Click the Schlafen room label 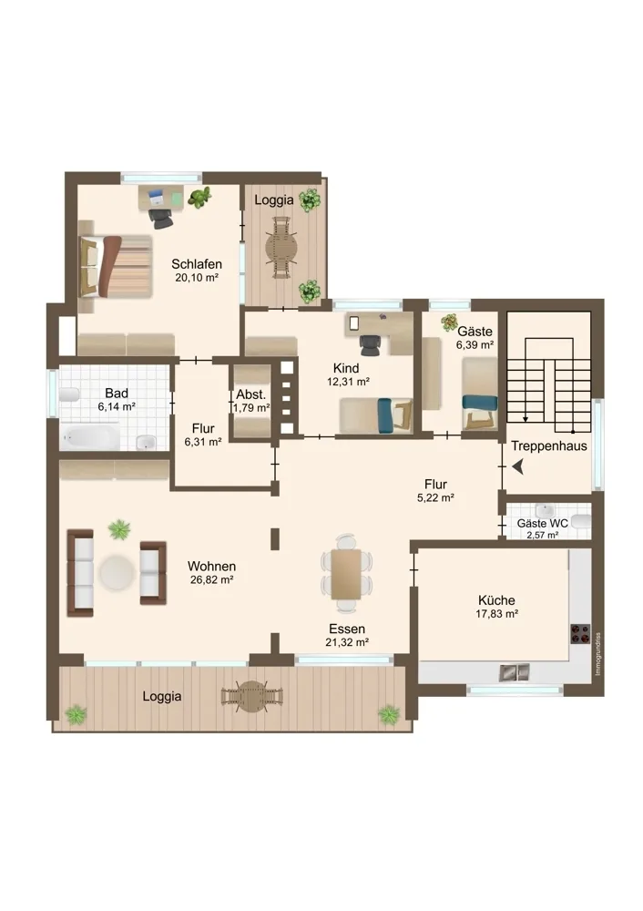pos(197,264)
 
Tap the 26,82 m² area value pos(212,579)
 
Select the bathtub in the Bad pos(90,437)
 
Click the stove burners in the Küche pos(579,633)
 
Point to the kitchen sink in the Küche pos(515,672)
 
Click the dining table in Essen pos(347,573)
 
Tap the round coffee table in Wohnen pos(117,572)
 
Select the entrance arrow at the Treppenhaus pos(518,466)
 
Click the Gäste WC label pos(543,524)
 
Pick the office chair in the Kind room pos(371,344)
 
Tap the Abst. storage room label pos(251,394)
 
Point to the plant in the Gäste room pos(449,322)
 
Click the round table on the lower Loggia pos(252,696)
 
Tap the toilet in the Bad pos(68,394)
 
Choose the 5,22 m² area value pos(435,497)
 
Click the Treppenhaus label pos(549,446)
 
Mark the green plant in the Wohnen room pos(119,528)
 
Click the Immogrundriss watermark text pos(598,653)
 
